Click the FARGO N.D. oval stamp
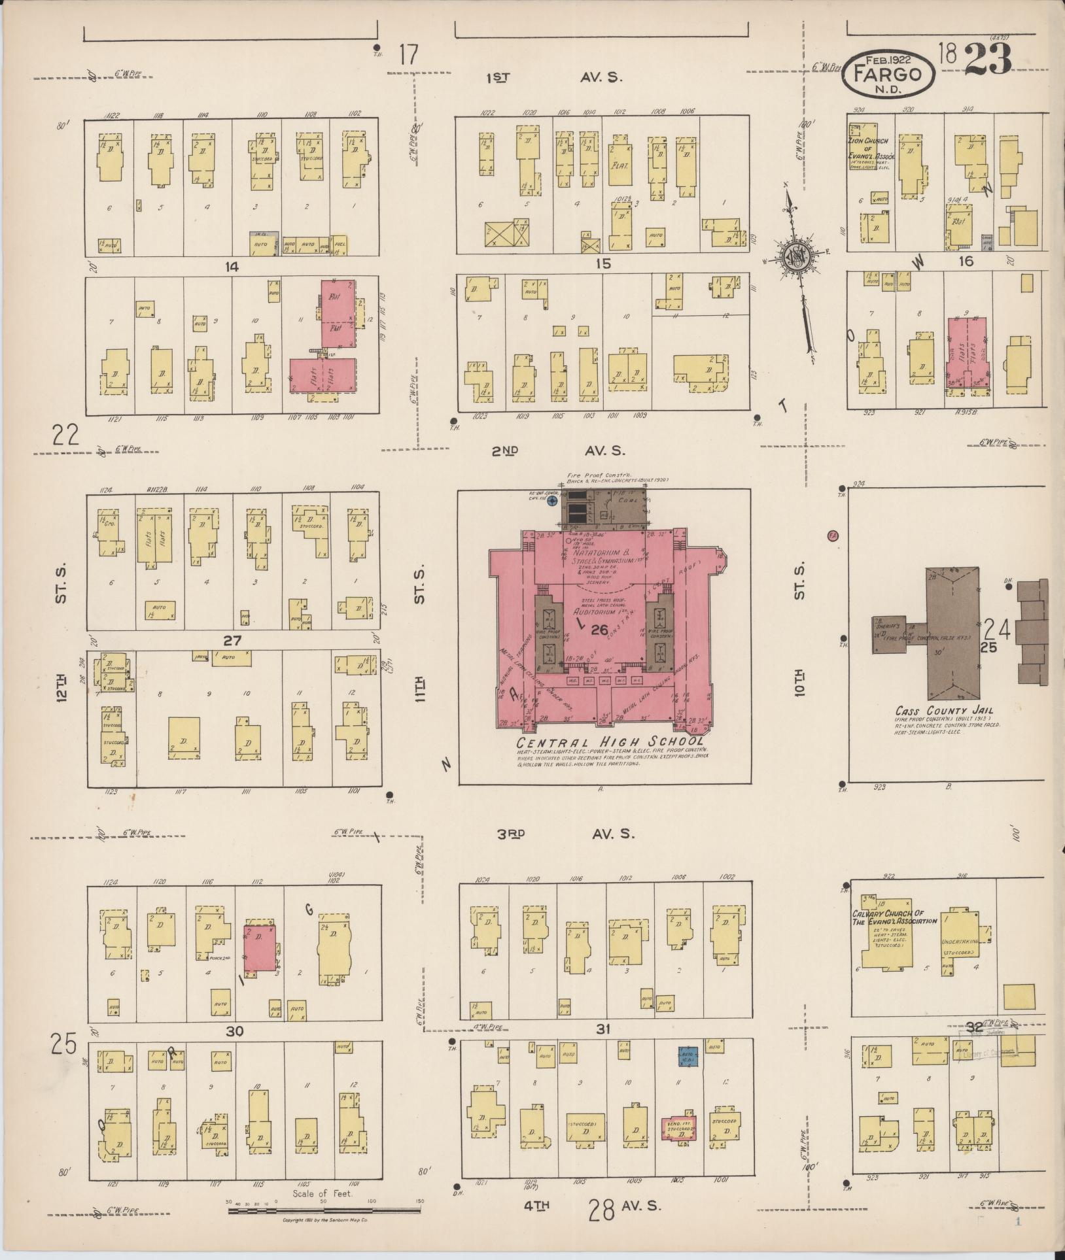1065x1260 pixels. coord(888,74)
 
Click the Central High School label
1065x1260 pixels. coord(610,742)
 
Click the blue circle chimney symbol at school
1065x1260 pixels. coord(552,501)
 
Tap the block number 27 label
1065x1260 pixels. coord(232,641)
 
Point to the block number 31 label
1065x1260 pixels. coord(602,1029)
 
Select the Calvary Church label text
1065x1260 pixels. coord(894,917)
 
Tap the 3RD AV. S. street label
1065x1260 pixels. coord(562,834)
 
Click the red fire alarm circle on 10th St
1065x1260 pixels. coord(833,535)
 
